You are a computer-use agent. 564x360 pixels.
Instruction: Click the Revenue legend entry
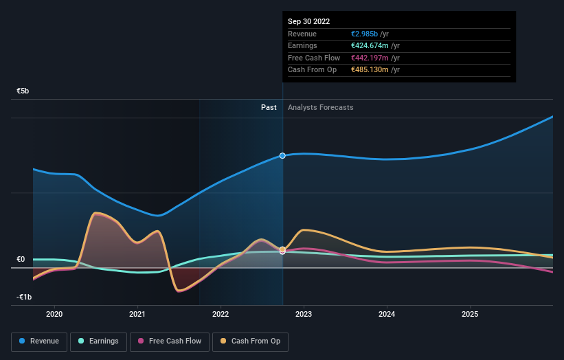click(39, 341)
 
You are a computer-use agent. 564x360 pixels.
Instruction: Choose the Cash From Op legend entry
click(249, 341)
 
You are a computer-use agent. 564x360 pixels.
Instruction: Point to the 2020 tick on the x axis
click(54, 314)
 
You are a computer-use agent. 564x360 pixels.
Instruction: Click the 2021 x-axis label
click(137, 314)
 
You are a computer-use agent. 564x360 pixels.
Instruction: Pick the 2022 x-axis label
click(221, 314)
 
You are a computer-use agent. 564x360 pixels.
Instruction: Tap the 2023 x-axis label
click(304, 314)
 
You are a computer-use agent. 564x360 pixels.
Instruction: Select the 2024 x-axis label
click(387, 314)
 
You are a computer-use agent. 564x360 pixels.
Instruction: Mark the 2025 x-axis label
click(470, 314)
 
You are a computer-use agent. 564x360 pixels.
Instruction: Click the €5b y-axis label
click(23, 91)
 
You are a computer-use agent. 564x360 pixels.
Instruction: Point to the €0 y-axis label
click(21, 259)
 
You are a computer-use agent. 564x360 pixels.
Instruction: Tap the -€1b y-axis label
click(24, 297)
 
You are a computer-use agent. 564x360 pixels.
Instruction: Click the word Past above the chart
click(269, 107)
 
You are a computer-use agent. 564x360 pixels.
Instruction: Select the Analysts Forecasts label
click(321, 107)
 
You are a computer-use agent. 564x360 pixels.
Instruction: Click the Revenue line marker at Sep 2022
click(282, 156)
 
